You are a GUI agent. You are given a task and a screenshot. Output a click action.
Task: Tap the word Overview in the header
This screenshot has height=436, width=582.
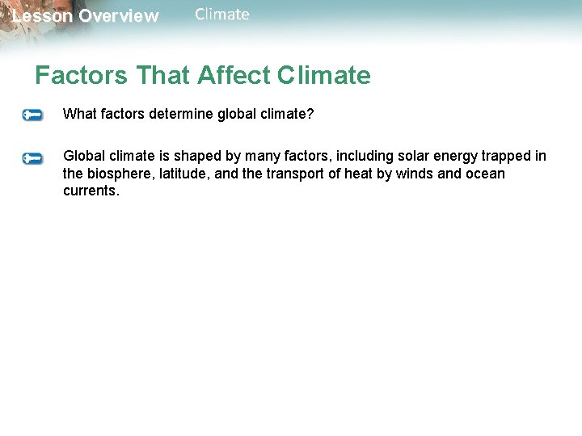[119, 16]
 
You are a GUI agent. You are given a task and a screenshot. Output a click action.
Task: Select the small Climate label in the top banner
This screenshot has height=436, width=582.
[222, 15]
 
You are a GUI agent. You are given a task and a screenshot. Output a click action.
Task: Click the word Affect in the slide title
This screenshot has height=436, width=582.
[234, 76]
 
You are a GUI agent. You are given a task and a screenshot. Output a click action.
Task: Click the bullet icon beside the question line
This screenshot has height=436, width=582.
[32, 115]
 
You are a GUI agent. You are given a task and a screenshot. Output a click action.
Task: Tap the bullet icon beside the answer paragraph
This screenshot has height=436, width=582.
[32, 158]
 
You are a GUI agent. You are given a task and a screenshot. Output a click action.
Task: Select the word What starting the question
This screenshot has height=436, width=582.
[79, 114]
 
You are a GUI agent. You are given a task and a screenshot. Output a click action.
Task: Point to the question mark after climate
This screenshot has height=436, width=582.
[310, 114]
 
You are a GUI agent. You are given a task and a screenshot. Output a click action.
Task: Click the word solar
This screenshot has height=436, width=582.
[415, 156]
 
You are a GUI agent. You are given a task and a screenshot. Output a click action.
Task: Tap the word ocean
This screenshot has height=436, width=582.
[485, 174]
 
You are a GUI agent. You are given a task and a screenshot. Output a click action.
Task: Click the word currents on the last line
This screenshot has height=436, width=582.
[91, 191]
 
